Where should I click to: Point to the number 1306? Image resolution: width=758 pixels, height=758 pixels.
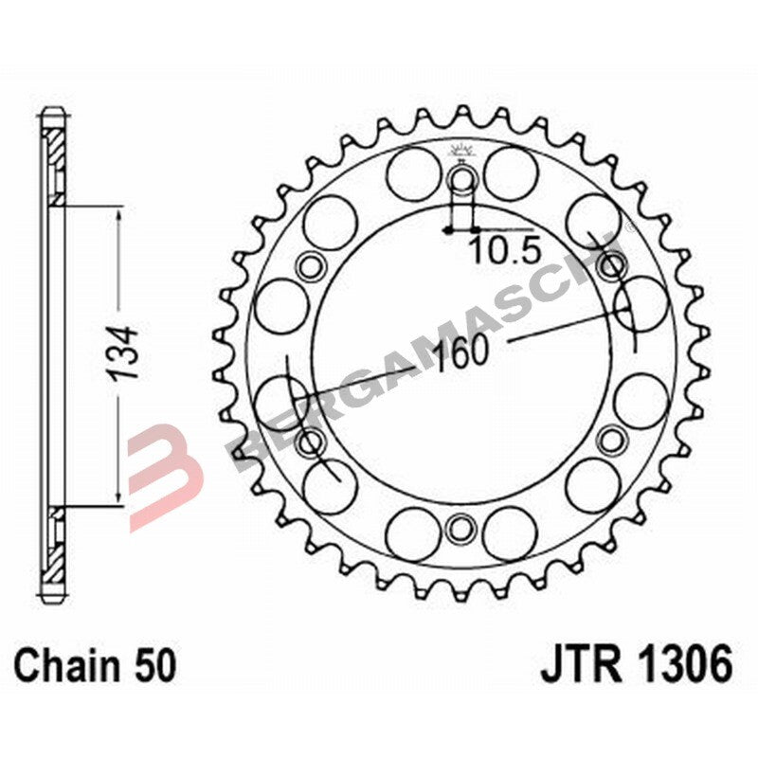(x=685, y=666)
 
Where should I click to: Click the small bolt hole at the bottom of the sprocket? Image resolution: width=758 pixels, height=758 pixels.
(x=461, y=527)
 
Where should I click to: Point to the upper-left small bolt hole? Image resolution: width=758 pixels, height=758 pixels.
(x=310, y=266)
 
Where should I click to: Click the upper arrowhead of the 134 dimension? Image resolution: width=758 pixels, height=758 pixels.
(x=117, y=217)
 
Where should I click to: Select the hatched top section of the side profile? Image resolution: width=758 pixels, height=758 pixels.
(x=55, y=152)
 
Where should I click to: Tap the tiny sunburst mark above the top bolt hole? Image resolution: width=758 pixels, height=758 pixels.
(x=461, y=149)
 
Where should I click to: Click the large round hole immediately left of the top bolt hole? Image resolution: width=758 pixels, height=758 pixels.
(x=413, y=174)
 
